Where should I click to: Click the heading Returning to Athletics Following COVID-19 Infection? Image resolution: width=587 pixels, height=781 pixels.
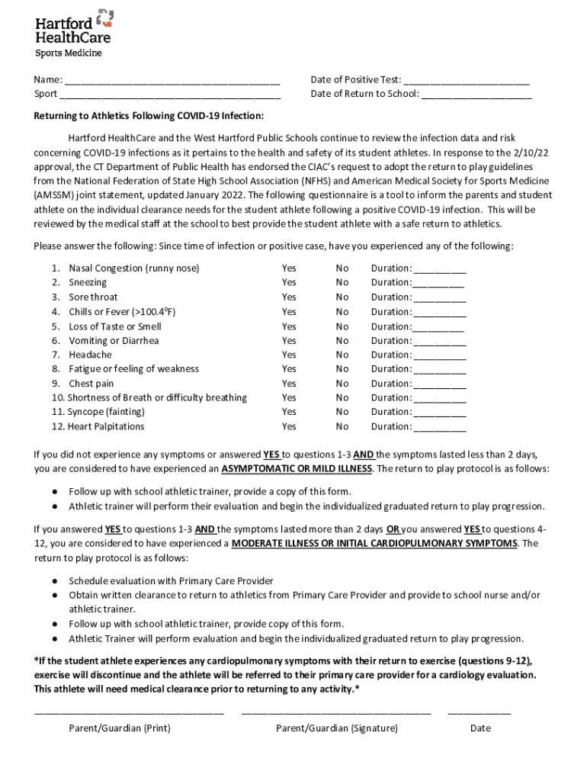click(149, 116)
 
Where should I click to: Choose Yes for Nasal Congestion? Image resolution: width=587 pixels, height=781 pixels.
click(289, 268)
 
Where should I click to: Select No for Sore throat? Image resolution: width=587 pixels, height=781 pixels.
click(342, 297)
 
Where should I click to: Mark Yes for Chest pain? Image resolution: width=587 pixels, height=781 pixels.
click(289, 384)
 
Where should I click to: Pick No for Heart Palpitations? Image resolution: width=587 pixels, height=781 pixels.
click(342, 427)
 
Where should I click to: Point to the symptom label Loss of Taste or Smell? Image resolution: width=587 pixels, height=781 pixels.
click(115, 326)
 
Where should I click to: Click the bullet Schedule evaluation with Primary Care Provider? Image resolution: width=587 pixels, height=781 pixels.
click(171, 581)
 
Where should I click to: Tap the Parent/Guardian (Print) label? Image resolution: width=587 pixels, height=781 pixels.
click(120, 728)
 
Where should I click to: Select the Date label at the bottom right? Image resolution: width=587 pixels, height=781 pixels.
click(480, 728)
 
